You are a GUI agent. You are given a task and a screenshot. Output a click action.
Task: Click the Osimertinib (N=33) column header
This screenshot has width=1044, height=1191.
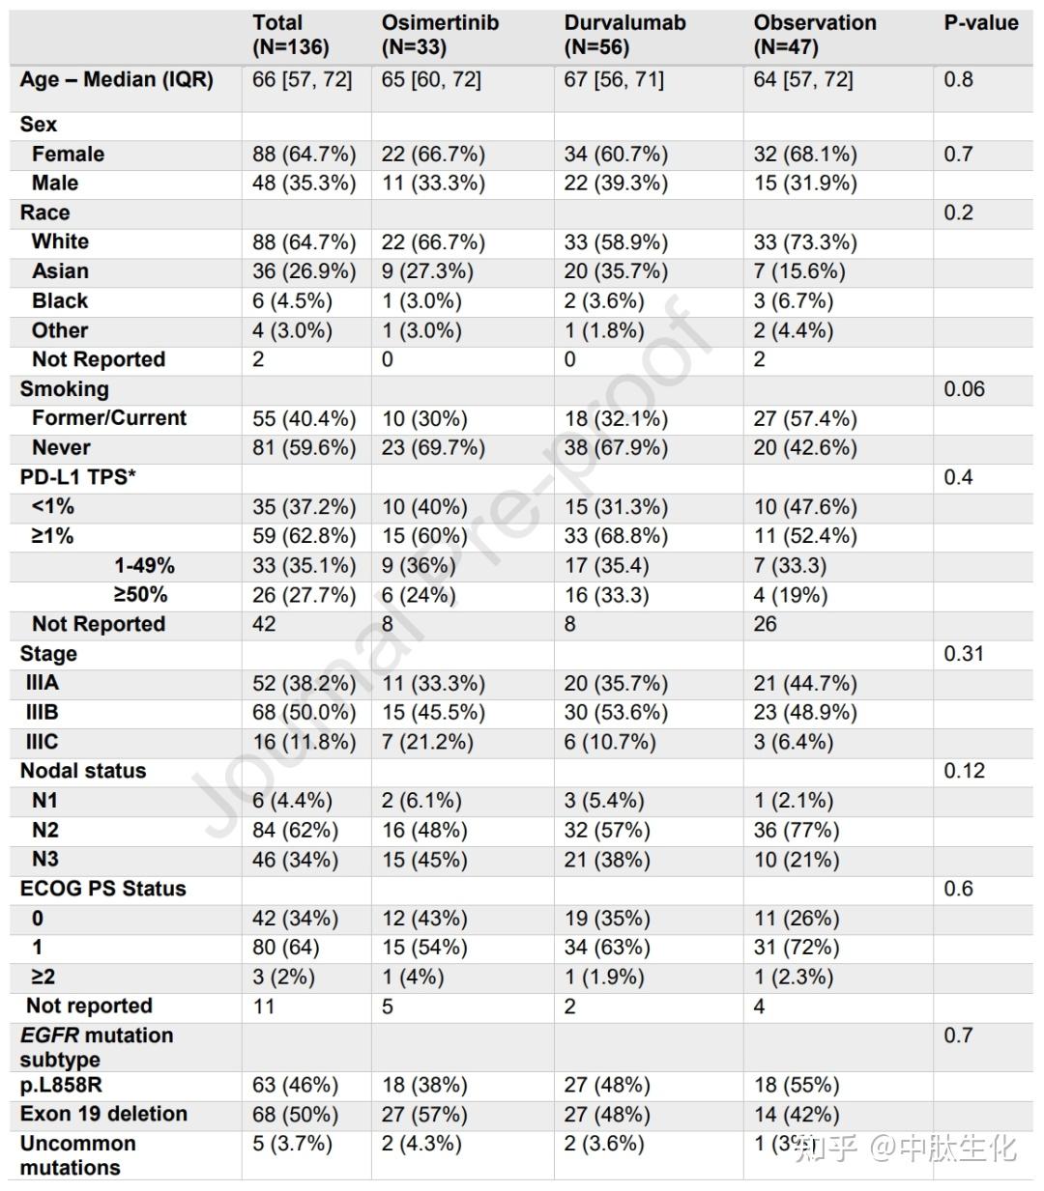click(440, 35)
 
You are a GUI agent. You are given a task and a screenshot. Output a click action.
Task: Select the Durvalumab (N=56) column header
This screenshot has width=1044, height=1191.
click(624, 35)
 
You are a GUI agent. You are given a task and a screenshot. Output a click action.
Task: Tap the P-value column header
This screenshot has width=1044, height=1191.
click(980, 23)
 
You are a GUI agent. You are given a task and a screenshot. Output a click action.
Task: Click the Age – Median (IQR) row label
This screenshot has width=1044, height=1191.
click(116, 79)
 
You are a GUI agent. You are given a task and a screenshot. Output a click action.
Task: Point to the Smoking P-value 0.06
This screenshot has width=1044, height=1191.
click(964, 389)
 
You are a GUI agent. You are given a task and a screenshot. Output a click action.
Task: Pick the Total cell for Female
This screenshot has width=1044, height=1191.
click(304, 155)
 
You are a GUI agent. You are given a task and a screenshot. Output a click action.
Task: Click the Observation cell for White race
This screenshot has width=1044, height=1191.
click(804, 242)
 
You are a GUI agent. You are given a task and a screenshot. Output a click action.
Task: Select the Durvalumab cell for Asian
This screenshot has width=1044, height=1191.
click(615, 271)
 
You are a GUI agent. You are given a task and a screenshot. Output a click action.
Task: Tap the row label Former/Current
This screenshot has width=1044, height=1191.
click(109, 418)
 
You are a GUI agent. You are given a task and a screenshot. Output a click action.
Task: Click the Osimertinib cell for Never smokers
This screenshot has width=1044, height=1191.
click(432, 448)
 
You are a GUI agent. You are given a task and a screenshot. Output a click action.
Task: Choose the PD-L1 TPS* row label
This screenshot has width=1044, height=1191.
click(78, 477)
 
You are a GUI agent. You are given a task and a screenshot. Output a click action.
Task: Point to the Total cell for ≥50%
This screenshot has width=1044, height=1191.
click(304, 595)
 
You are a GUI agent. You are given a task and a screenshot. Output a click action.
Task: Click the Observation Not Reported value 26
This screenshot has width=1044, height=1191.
click(765, 624)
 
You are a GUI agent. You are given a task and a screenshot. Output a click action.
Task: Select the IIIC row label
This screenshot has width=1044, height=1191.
click(43, 742)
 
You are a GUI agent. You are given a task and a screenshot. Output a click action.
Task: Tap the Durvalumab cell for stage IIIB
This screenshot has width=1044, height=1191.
click(615, 713)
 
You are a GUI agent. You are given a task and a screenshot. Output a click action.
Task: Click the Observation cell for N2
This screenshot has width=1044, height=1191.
click(796, 830)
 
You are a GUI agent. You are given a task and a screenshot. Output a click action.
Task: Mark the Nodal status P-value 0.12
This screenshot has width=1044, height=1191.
click(964, 771)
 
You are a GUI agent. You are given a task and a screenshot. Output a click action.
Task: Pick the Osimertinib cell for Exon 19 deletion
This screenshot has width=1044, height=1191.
click(423, 1115)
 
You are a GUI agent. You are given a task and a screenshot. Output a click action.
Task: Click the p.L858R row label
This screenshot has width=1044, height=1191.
click(61, 1085)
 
